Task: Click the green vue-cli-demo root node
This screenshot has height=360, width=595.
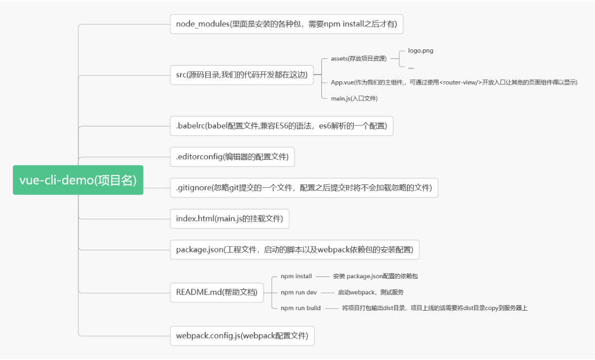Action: click(78, 180)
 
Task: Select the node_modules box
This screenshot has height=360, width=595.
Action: click(287, 24)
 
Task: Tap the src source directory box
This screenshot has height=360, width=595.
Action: click(241, 75)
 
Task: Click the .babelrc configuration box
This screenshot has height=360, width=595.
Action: click(281, 126)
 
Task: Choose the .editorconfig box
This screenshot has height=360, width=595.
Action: click(232, 157)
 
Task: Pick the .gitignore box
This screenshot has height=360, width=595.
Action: click(303, 188)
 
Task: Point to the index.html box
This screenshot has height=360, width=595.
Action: click(229, 218)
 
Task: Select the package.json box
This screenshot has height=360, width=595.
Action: click(294, 249)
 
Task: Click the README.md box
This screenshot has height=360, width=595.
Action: click(216, 292)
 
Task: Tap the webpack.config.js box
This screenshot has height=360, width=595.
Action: click(242, 336)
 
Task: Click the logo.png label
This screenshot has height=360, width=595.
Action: click(421, 50)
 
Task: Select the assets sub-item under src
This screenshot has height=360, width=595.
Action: click(358, 58)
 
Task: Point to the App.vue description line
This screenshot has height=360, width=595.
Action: click(454, 82)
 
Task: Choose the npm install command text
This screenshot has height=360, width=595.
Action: click(296, 276)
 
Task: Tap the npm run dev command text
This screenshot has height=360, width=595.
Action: click(298, 292)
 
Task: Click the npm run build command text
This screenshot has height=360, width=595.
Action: click(301, 308)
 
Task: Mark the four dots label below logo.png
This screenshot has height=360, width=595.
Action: click(411, 67)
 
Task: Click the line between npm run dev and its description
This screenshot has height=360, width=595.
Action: click(327, 292)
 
